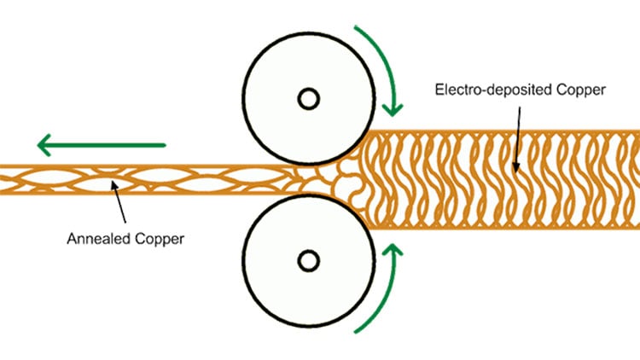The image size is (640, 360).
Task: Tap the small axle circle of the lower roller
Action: pos(309,258)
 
